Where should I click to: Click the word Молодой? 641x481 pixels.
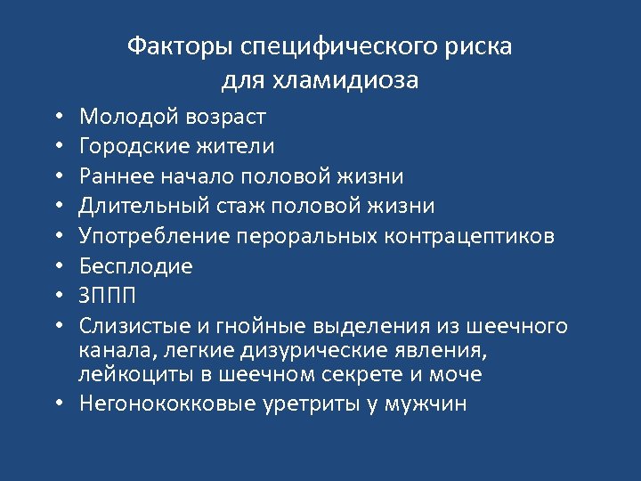tap(129, 116)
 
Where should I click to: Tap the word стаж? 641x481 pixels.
tap(240, 206)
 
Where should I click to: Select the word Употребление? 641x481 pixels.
tap(157, 236)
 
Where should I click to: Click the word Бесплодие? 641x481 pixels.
tap(136, 266)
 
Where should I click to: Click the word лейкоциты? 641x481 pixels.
tap(129, 374)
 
